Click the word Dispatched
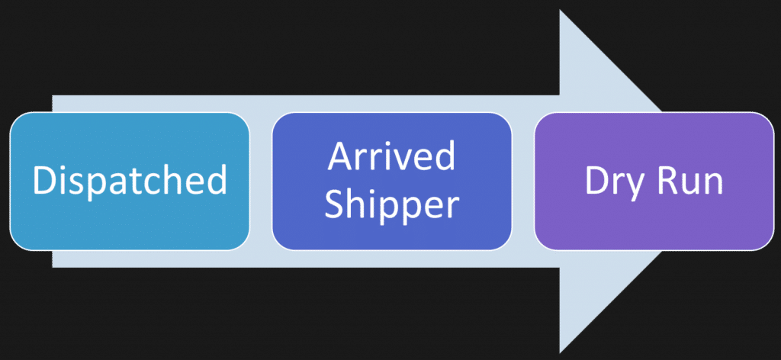pos(130,181)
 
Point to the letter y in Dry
pos(638,185)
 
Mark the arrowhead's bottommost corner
pos(562,352)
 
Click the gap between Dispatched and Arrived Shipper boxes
pos(260,181)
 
